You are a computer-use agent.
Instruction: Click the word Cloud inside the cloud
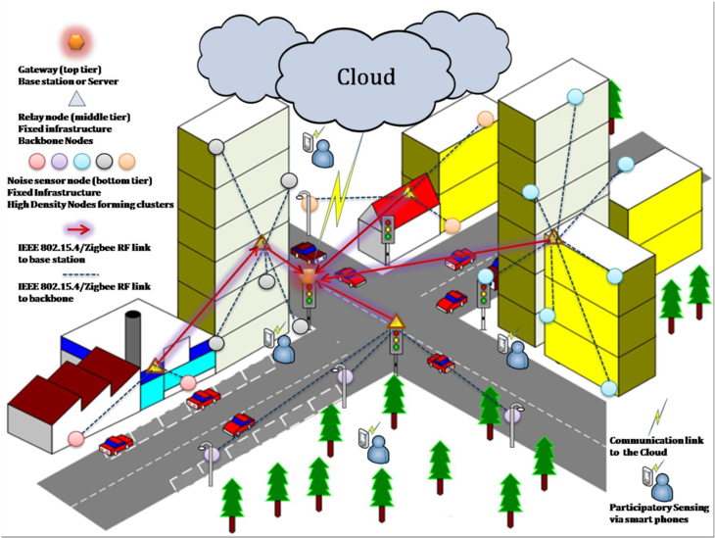point(366,76)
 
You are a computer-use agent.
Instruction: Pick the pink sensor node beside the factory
point(75,437)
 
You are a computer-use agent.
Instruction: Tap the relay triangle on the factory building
point(154,367)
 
